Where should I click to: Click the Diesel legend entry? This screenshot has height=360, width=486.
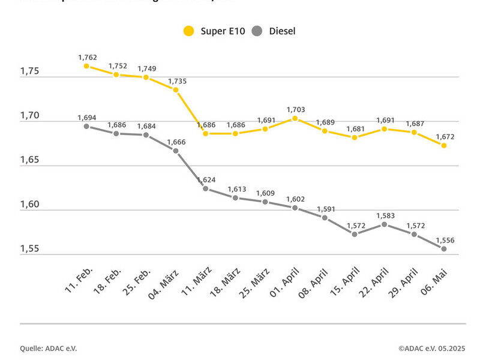274,31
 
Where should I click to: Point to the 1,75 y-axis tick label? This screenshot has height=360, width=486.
29,71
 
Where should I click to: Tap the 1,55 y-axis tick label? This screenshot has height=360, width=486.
29,248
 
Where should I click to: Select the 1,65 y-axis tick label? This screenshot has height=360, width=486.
29,160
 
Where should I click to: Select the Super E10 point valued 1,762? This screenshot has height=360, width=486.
86,66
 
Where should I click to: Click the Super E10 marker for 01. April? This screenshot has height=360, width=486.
295,118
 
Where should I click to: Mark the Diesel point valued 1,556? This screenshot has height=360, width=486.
444,248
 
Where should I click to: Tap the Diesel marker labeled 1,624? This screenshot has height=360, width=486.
205,188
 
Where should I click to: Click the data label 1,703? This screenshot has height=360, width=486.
295,109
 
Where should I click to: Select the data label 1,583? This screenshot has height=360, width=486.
385,215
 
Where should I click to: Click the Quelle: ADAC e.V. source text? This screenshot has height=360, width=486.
49,349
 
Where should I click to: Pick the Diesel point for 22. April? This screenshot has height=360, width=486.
385,224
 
